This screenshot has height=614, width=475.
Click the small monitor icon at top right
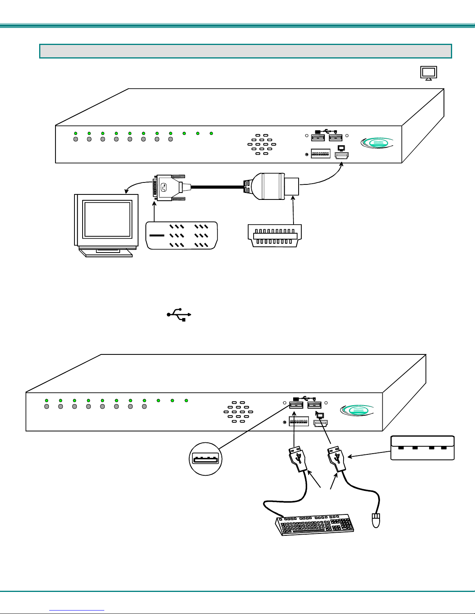click(x=428, y=73)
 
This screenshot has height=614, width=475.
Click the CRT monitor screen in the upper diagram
click(x=107, y=218)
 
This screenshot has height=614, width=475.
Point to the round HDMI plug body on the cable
click(x=268, y=186)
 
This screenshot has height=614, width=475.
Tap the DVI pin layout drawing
click(x=181, y=235)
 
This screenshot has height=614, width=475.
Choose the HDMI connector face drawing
click(x=275, y=236)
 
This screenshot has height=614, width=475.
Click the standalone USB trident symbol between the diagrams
click(x=179, y=314)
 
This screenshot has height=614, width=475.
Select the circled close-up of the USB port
click(x=206, y=459)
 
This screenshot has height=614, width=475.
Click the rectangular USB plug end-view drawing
click(x=422, y=448)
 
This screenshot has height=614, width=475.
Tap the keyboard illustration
click(x=315, y=525)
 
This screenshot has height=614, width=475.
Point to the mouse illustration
click(x=376, y=520)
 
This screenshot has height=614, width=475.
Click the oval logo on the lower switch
click(x=357, y=410)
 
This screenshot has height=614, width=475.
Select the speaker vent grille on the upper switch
click(x=262, y=144)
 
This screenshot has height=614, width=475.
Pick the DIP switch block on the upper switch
click(x=321, y=154)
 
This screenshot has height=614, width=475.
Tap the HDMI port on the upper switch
click(x=342, y=155)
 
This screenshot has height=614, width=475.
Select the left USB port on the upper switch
click(x=318, y=138)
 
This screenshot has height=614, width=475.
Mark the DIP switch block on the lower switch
click(x=299, y=421)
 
